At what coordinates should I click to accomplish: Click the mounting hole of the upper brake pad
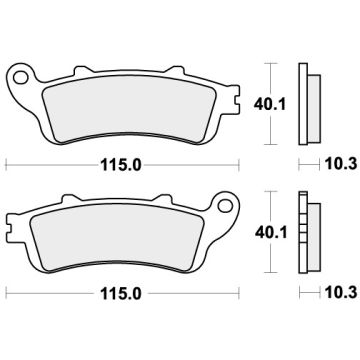(20, 76)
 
